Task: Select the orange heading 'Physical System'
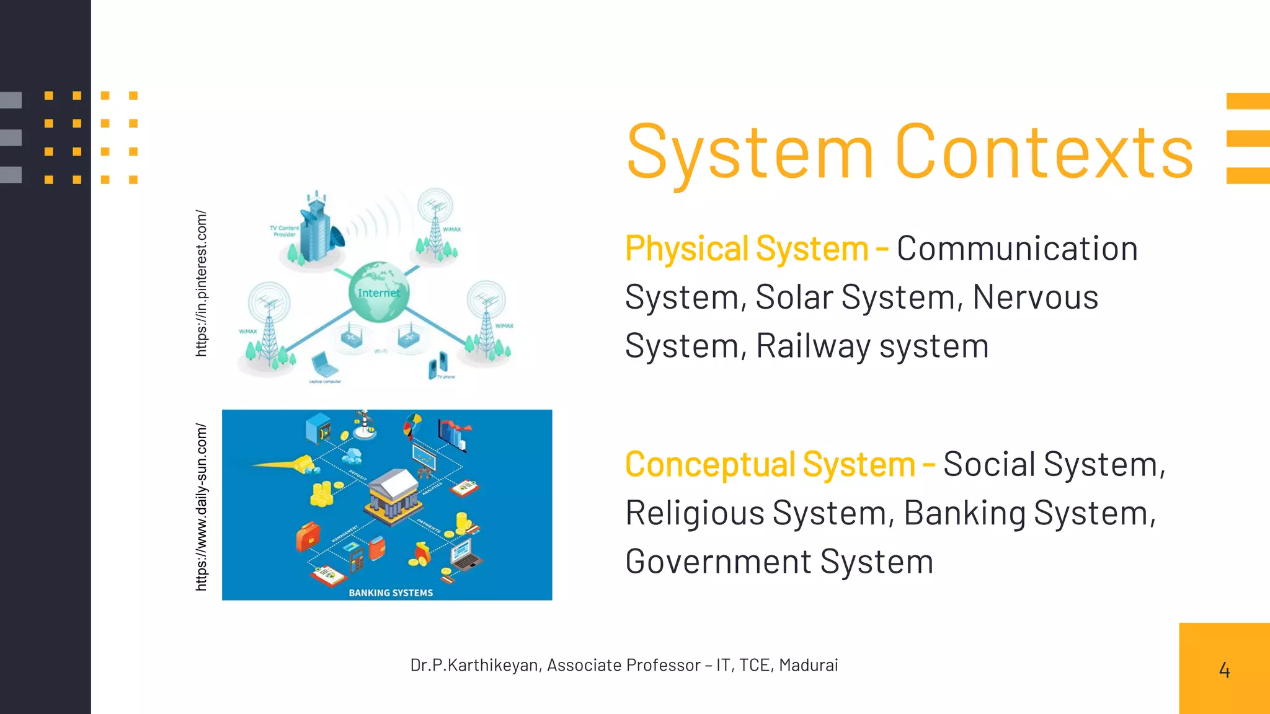[x=747, y=249]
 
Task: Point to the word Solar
[x=793, y=297]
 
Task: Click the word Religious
[x=695, y=514]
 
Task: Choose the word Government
[x=718, y=562]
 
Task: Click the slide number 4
[x=1224, y=670]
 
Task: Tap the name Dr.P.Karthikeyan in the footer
[x=474, y=665]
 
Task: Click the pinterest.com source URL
[x=201, y=283]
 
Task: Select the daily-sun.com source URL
[x=201, y=506]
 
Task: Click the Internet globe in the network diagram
[x=379, y=292]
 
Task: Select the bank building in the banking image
[x=393, y=495]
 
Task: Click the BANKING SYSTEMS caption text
[x=391, y=593]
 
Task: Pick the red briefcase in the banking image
[x=308, y=535]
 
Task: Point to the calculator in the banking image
[x=357, y=561]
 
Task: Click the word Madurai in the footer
[x=808, y=665]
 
